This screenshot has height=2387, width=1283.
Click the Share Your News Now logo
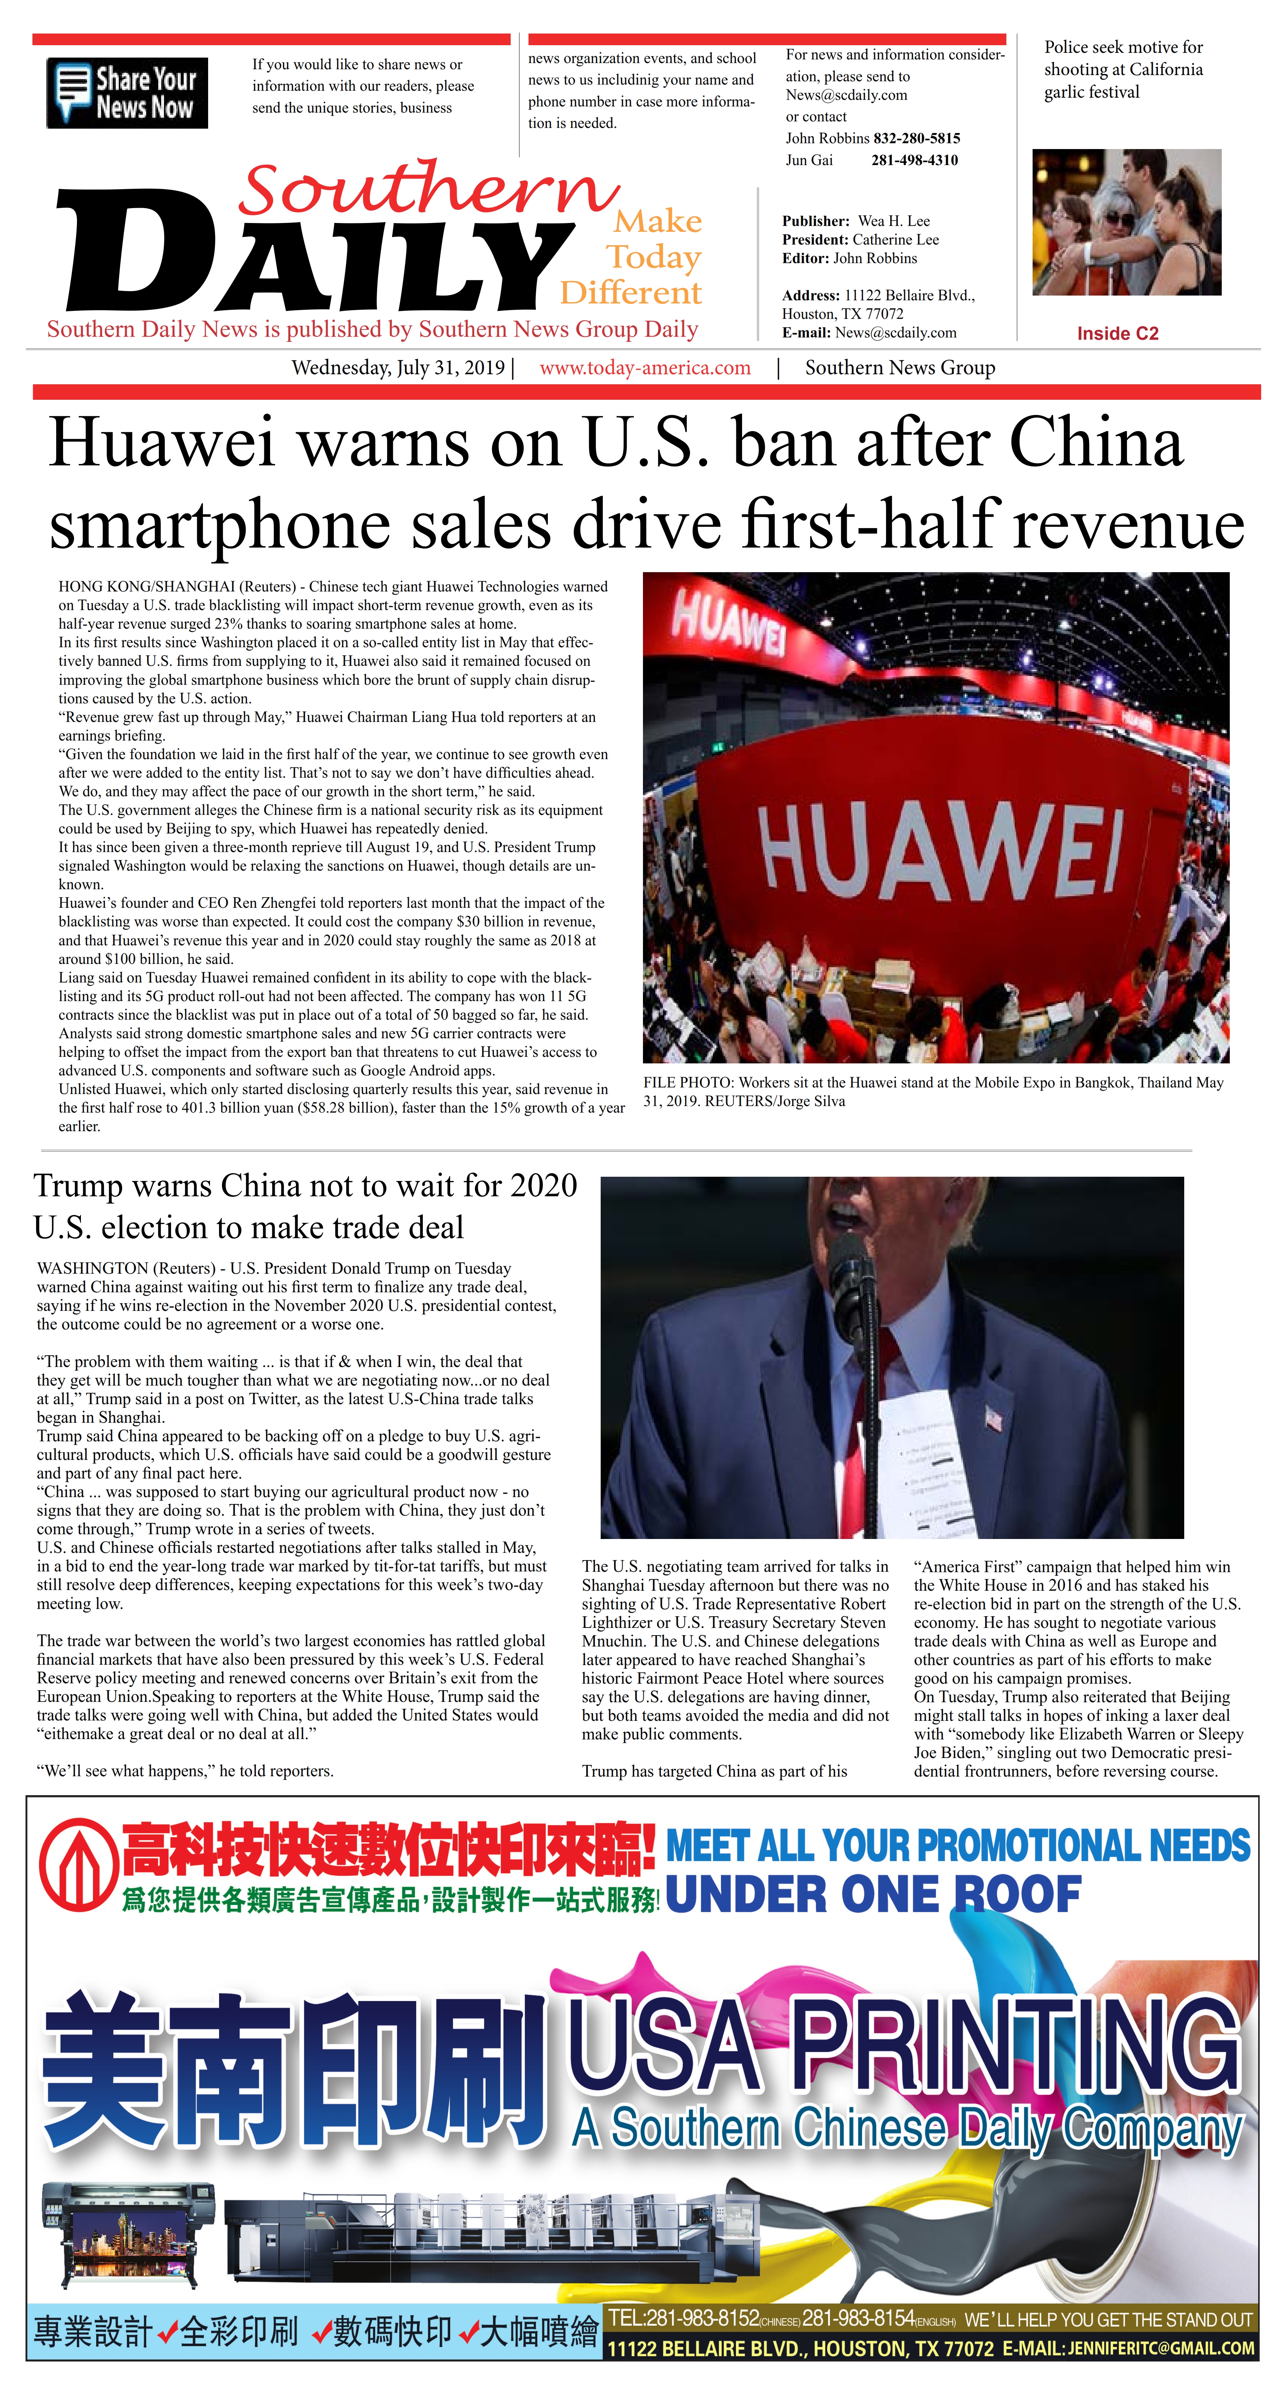[127, 93]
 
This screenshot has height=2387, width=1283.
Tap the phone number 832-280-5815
[916, 138]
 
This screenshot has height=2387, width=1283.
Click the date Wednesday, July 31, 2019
[398, 368]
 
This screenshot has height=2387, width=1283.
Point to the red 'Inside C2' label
[1117, 333]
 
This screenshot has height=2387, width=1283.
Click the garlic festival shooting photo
[1126, 222]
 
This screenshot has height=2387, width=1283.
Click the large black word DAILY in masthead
[315, 255]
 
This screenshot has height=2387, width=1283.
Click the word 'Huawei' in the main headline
[162, 443]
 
